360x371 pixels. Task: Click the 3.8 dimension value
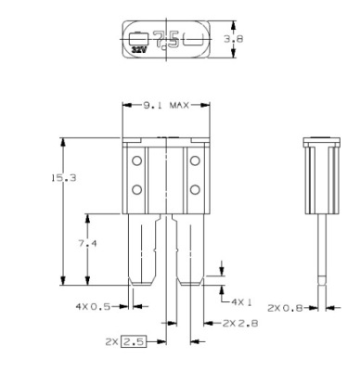coord(234,39)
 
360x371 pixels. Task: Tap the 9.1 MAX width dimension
coord(166,106)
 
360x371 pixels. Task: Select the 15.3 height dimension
coord(64,178)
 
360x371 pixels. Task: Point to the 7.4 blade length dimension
coord(87,244)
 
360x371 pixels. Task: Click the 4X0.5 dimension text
coord(93,307)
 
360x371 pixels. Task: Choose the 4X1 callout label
coord(241,301)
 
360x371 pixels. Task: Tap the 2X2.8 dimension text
coord(240,324)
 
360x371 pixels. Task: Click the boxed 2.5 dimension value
coord(134,342)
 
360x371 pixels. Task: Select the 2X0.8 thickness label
coord(285,308)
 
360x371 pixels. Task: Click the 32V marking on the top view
coord(138,49)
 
